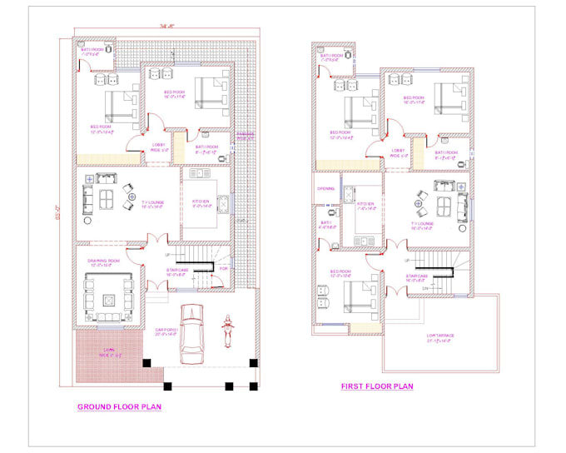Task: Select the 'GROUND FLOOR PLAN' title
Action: [x=119, y=407]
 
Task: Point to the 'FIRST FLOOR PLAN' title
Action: [x=377, y=386]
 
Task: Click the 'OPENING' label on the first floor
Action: [x=325, y=188]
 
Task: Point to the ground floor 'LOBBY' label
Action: [x=159, y=145]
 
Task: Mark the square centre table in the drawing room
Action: [x=110, y=298]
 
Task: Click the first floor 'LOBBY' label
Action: [x=398, y=151]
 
